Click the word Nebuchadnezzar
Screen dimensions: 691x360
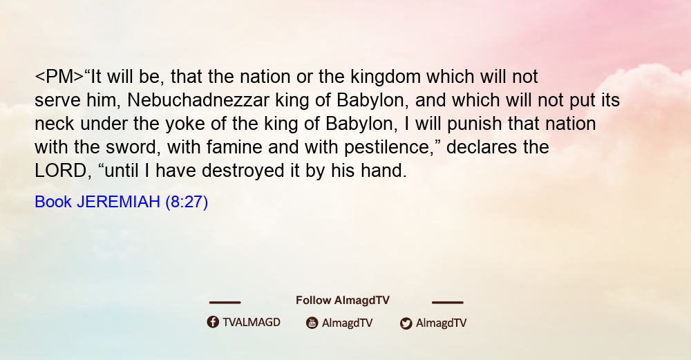[x=198, y=100]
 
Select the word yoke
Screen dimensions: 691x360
[x=185, y=124]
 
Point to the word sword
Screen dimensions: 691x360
[x=133, y=147]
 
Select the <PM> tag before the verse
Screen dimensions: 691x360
[x=59, y=77]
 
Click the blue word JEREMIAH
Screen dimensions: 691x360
[x=118, y=202]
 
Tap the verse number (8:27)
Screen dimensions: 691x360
[x=187, y=202]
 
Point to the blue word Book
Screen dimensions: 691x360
[x=53, y=202]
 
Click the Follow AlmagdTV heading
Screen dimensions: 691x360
[x=343, y=300]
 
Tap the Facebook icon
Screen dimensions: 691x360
[x=213, y=322]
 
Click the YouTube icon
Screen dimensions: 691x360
[x=312, y=323]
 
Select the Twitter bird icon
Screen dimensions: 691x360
[x=406, y=323]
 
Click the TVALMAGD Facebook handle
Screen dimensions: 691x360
[x=252, y=322]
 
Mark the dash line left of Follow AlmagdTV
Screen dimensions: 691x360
[x=225, y=302]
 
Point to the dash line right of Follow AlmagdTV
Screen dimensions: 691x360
[x=448, y=302]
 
